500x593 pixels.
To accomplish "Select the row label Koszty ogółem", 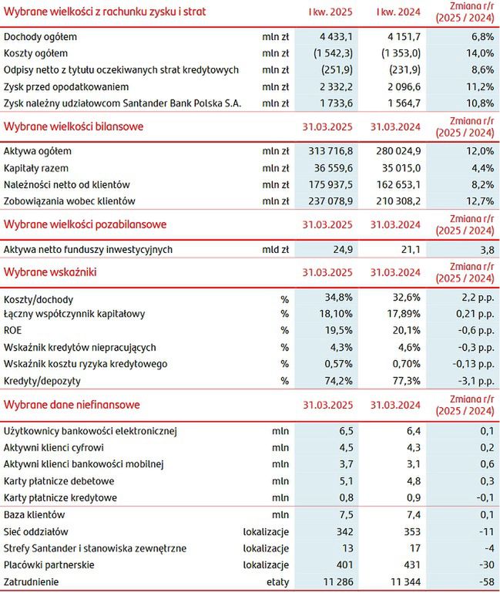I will point(36,53).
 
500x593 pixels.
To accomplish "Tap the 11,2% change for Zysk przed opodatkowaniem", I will point(475,86).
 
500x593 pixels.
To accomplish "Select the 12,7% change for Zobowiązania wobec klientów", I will point(475,201).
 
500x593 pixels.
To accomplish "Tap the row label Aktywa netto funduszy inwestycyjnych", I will point(88,250).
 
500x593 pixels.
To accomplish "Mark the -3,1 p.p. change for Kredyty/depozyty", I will point(471,381).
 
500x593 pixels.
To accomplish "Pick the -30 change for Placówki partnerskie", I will point(484,565).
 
